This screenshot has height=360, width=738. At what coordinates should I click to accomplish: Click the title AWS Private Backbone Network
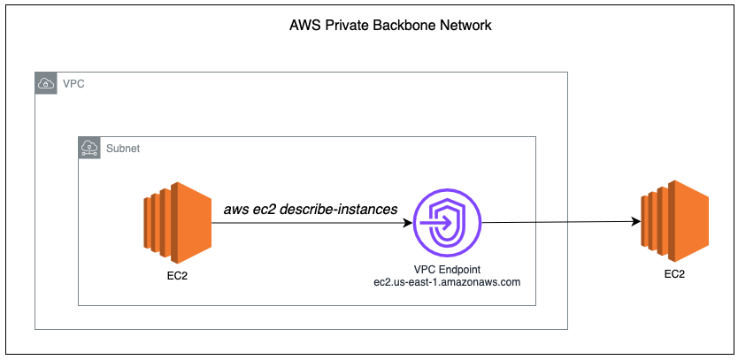(390, 26)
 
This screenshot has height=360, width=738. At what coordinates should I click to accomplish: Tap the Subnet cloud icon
(88, 147)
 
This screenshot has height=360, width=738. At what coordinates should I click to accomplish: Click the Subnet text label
(122, 148)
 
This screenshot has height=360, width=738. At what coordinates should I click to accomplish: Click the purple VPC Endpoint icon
(448, 221)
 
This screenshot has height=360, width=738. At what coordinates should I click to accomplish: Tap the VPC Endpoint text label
(447, 268)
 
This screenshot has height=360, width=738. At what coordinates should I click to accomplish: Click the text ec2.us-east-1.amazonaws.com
(447, 281)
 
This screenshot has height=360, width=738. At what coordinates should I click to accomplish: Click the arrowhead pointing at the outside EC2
(635, 221)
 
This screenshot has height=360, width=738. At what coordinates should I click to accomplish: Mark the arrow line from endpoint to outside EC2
(557, 221)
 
